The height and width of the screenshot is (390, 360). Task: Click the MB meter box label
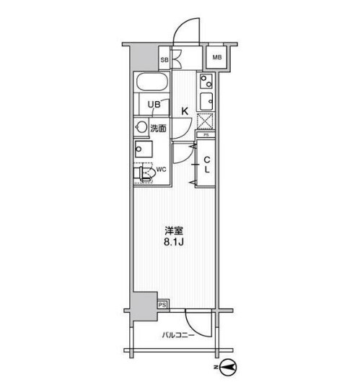point(217,58)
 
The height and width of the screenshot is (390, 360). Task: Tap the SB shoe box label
point(164,60)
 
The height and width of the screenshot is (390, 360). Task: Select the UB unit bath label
point(154,105)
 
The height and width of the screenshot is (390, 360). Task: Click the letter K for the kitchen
point(185,111)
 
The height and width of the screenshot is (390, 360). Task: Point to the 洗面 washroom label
point(158,129)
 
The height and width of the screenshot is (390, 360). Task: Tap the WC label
point(161,170)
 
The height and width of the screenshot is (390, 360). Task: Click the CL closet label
point(207,165)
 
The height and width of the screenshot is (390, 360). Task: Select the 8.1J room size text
point(174,242)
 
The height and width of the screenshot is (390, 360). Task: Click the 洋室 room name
point(174,231)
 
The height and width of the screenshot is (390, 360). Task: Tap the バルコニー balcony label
point(178,335)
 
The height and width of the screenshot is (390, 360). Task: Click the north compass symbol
point(228,367)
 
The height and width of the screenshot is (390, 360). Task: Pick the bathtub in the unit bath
point(152,82)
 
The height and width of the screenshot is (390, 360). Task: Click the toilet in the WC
point(144,173)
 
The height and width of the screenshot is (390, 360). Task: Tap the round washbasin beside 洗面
point(141,128)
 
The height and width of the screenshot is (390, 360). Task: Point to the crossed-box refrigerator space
point(205,121)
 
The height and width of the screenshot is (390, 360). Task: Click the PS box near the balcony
point(163,305)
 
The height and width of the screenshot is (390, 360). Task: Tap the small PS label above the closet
point(206,135)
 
